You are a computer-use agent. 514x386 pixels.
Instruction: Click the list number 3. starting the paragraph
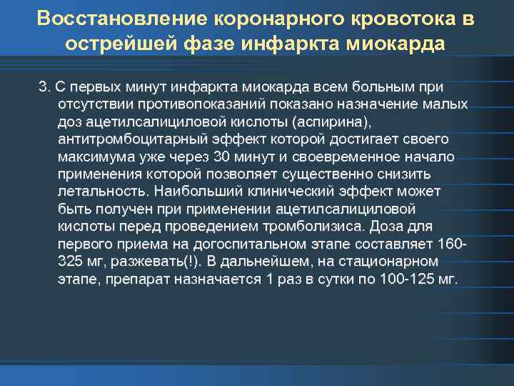(44, 87)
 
